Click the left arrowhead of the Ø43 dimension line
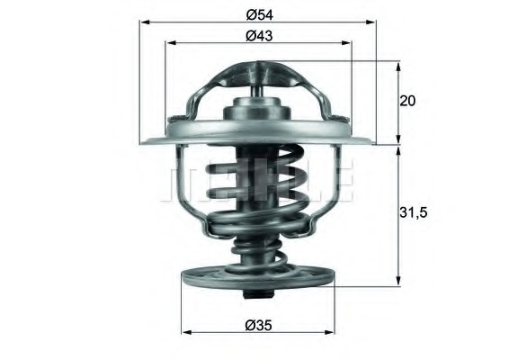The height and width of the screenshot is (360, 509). pyautogui.click(x=168, y=44)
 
